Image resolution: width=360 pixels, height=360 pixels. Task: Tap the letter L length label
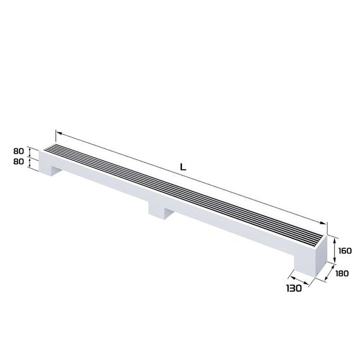coord(183,167)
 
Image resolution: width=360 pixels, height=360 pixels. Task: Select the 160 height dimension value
coord(345,251)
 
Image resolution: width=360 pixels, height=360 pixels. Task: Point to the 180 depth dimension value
coord(343,273)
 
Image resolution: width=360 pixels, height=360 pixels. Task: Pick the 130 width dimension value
coord(292,289)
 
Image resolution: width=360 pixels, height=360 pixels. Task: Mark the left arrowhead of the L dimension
coord(58,133)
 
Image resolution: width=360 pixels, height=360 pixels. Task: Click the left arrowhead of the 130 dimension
coord(290,275)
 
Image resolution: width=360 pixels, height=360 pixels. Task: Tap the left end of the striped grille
coord(53,148)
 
